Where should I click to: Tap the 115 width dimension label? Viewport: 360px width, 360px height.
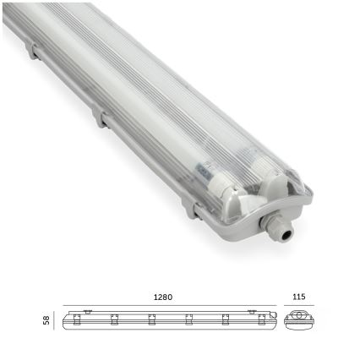click(x=299, y=297)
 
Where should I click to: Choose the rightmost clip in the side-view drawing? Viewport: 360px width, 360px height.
click(x=261, y=319)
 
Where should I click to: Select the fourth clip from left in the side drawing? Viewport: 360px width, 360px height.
click(x=188, y=319)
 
